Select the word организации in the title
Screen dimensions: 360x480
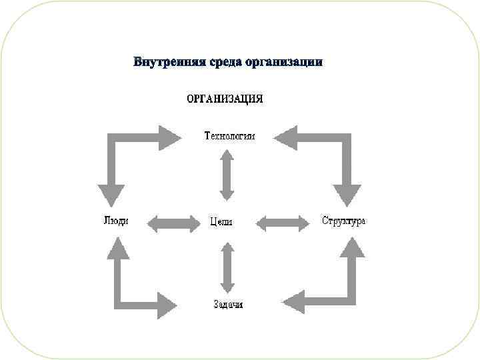284,63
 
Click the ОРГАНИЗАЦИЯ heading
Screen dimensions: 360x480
224,99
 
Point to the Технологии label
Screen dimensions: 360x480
229,136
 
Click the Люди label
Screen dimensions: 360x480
116,221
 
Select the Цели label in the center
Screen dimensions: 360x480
221,222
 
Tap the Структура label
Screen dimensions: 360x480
344,221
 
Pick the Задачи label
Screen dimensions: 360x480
227,305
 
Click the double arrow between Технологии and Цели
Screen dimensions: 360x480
227,175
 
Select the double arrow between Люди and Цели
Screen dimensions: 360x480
173,223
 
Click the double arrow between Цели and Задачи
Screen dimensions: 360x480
227,268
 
